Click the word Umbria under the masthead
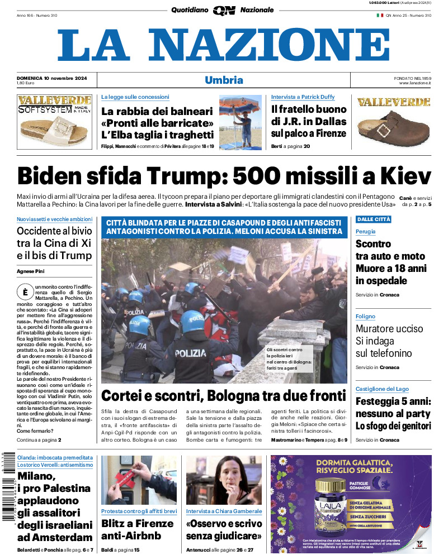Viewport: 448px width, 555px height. click(224, 80)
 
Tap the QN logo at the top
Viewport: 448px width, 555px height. click(224, 10)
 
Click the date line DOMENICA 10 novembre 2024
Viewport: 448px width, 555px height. click(48, 77)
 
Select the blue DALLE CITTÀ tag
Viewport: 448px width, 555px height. click(373, 219)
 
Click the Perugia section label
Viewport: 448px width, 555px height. click(365, 231)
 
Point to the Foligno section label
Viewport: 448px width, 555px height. click(365, 317)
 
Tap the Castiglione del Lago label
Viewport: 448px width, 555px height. click(382, 389)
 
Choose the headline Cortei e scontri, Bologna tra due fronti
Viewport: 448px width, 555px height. click(224, 396)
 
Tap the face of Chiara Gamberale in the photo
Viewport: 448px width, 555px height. click(222, 472)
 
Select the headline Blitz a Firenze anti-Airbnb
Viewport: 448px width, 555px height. click(138, 529)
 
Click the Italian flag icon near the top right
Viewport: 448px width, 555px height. click(379, 15)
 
